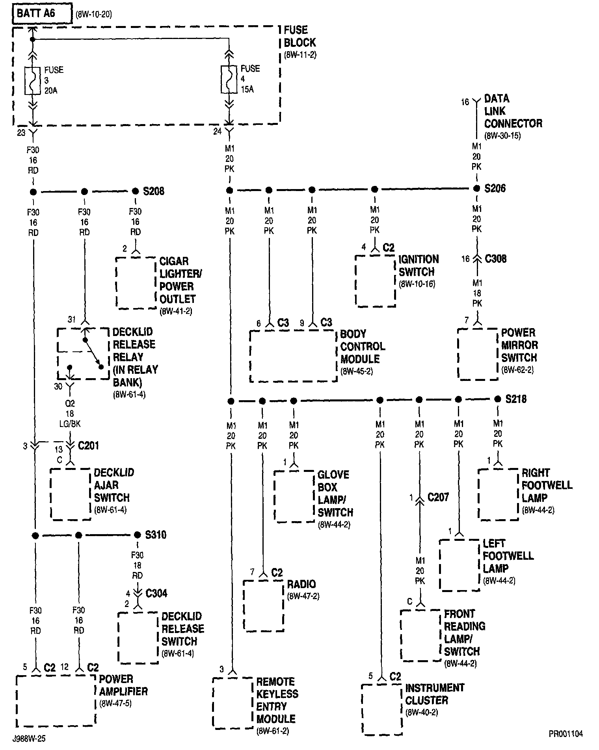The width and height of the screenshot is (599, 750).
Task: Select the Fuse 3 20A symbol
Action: tap(33, 80)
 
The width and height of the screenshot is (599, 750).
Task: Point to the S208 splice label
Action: tap(154, 191)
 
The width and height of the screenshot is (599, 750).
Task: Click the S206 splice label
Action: tap(495, 188)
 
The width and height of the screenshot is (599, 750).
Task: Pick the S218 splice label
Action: tap(516, 399)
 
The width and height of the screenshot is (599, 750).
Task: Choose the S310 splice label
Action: tap(156, 535)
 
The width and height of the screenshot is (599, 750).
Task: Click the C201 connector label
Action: tap(88, 446)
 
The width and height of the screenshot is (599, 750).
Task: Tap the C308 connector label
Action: tap(495, 259)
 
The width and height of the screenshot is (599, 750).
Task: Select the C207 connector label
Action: tap(438, 497)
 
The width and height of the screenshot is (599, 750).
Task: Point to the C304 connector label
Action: tap(156, 593)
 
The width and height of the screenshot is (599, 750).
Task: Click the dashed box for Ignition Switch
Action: tap(375, 281)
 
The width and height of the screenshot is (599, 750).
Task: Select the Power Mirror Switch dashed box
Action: tap(478, 354)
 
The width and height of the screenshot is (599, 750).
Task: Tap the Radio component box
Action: tap(263, 605)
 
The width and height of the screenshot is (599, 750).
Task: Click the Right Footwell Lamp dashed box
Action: tap(498, 494)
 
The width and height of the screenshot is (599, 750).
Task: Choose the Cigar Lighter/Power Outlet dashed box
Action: tap(136, 283)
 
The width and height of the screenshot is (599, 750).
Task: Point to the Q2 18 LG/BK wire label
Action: tap(70, 414)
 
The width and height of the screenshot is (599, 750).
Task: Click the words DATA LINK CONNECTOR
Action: tap(513, 111)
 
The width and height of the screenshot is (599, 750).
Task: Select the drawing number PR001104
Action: tap(566, 734)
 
